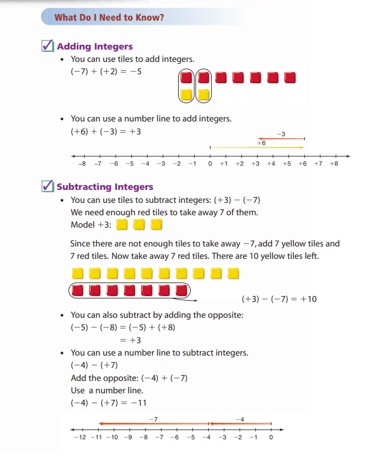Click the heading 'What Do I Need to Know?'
click(109, 17)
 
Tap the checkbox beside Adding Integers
click(49, 46)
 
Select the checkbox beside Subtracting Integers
click(49, 186)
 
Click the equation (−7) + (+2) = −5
click(106, 72)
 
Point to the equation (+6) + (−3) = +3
click(106, 131)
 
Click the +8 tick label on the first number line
click(334, 163)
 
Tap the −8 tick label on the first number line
click(83, 163)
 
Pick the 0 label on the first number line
click(209, 163)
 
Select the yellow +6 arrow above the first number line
click(257, 147)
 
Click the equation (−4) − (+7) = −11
click(109, 403)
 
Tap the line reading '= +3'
click(130, 340)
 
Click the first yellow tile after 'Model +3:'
click(122, 225)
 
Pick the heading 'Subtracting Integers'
click(105, 187)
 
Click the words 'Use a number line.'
click(107, 390)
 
